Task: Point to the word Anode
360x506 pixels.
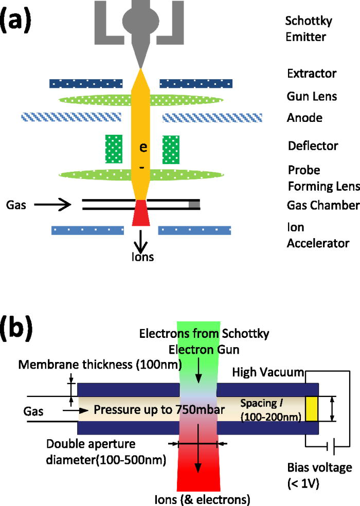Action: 304,118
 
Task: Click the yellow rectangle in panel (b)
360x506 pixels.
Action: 312,408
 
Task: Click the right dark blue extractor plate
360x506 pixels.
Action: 196,83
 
